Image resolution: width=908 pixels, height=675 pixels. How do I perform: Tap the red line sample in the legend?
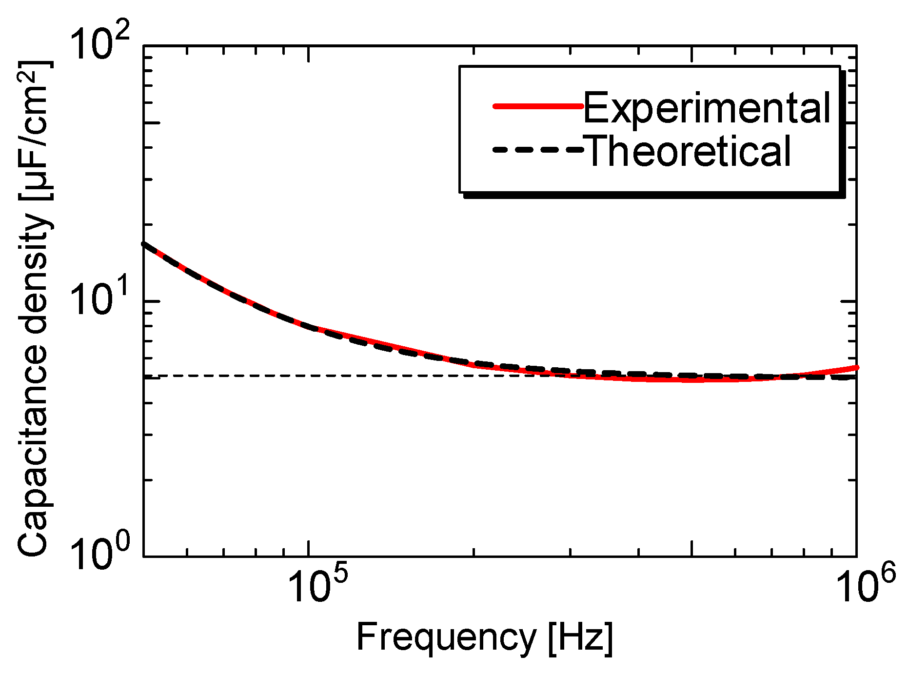[x=538, y=106]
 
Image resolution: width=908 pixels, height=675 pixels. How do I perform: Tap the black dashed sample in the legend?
[x=538, y=150]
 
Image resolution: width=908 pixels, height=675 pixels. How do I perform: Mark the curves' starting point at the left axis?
[x=144, y=244]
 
